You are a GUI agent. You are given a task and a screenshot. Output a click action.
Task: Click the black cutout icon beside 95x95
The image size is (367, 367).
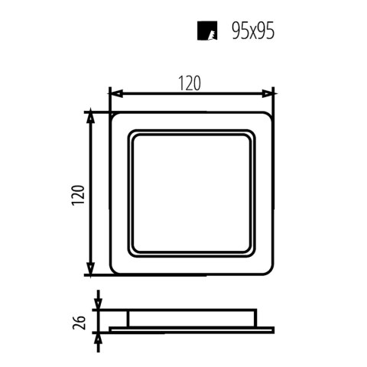[x=204, y=31]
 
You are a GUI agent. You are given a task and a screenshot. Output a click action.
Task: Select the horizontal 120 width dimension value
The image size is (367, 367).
[x=191, y=83]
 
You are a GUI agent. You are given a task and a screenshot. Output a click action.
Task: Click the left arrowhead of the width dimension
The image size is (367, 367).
[x=114, y=93]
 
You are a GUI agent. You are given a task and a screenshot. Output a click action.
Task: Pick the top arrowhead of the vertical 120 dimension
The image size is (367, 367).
[x=91, y=117]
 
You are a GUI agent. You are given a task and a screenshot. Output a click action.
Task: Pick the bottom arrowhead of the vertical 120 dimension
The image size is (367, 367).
[x=91, y=269]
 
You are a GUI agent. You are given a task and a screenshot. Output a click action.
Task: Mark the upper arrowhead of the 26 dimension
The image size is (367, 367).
[x=98, y=304]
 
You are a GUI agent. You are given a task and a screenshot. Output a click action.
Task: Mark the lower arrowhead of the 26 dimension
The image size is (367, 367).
[x=98, y=336]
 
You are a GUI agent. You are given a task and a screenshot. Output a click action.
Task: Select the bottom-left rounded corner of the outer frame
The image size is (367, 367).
[x=115, y=270]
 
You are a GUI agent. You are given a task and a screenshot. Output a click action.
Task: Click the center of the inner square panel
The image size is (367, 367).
[x=192, y=193]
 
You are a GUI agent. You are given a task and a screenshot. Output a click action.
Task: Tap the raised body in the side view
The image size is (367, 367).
[x=192, y=318]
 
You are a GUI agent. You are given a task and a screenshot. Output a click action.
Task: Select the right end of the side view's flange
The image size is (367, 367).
[x=271, y=329]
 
